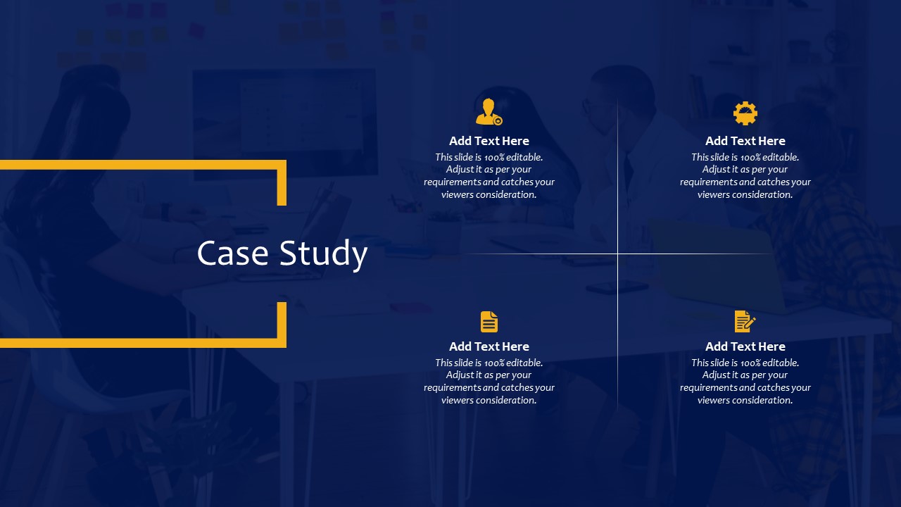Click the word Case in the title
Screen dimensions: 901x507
point(232,253)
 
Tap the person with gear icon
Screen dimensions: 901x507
point(489,112)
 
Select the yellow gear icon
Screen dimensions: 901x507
point(745,113)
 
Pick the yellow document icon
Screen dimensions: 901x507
point(489,322)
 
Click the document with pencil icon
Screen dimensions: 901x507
point(745,321)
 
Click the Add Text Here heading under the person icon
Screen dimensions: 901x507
point(489,141)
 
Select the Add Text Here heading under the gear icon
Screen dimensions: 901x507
point(745,141)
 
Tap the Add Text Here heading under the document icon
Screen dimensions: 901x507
point(489,346)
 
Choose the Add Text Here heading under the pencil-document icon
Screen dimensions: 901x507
point(745,346)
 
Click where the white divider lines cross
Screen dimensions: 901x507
point(618,254)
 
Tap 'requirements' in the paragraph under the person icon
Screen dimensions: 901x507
point(452,182)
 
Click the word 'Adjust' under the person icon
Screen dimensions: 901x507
point(458,170)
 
